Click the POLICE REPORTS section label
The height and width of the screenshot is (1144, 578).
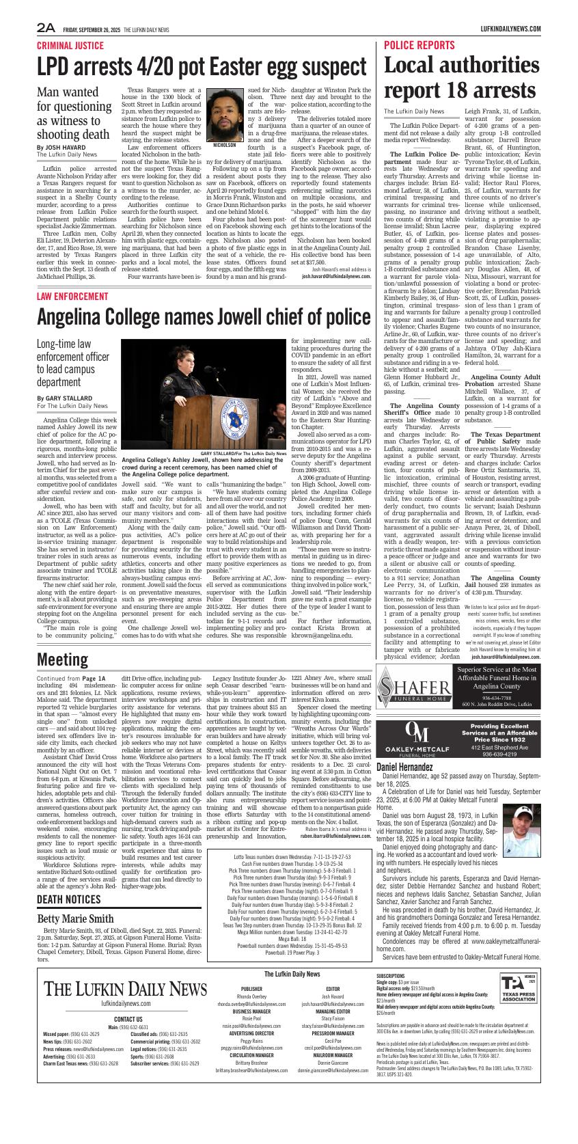coord(419,46)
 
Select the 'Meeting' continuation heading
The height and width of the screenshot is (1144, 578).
coord(62,659)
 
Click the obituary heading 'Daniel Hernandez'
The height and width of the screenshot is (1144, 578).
coord(404,767)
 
